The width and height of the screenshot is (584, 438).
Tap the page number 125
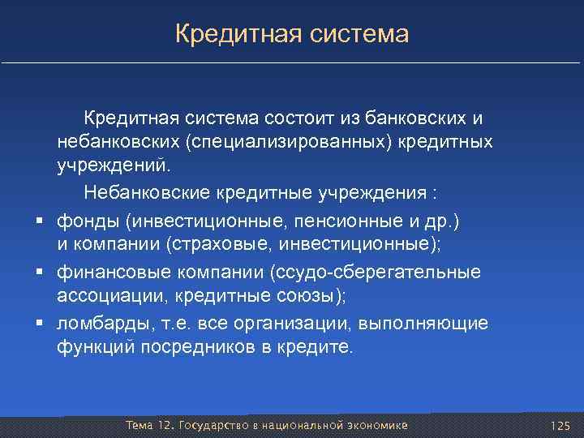(x=560, y=426)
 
